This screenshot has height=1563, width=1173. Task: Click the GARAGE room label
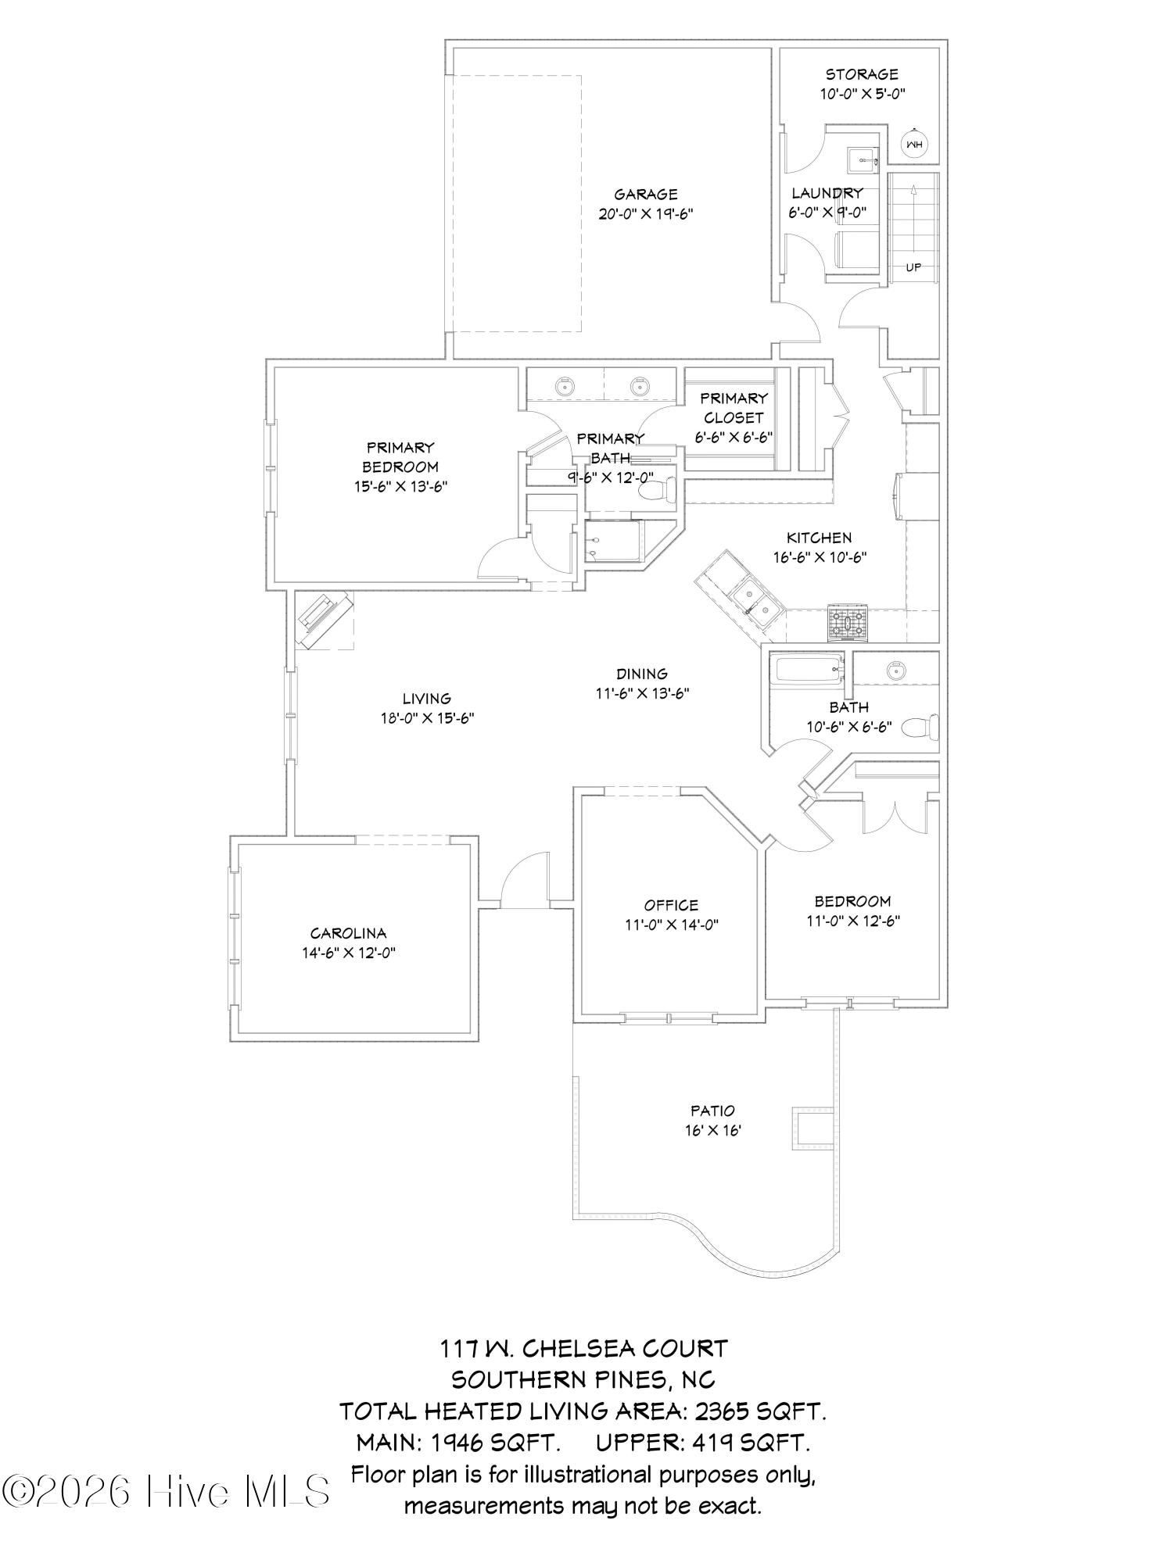pos(645,195)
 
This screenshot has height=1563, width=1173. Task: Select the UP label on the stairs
pos(913,267)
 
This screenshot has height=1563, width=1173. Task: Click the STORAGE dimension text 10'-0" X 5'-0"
pos(862,94)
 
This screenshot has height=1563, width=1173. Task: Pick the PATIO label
pos(712,1111)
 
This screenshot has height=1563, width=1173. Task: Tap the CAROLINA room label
pos(348,933)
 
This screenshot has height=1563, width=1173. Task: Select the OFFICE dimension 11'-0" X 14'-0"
pos(671,925)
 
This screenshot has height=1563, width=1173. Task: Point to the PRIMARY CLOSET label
pos(734,407)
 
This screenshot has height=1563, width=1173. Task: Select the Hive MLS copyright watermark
pos(166,1491)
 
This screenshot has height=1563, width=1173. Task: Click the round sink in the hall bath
pos(894,670)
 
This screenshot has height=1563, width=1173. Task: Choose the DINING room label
pos(641,674)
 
